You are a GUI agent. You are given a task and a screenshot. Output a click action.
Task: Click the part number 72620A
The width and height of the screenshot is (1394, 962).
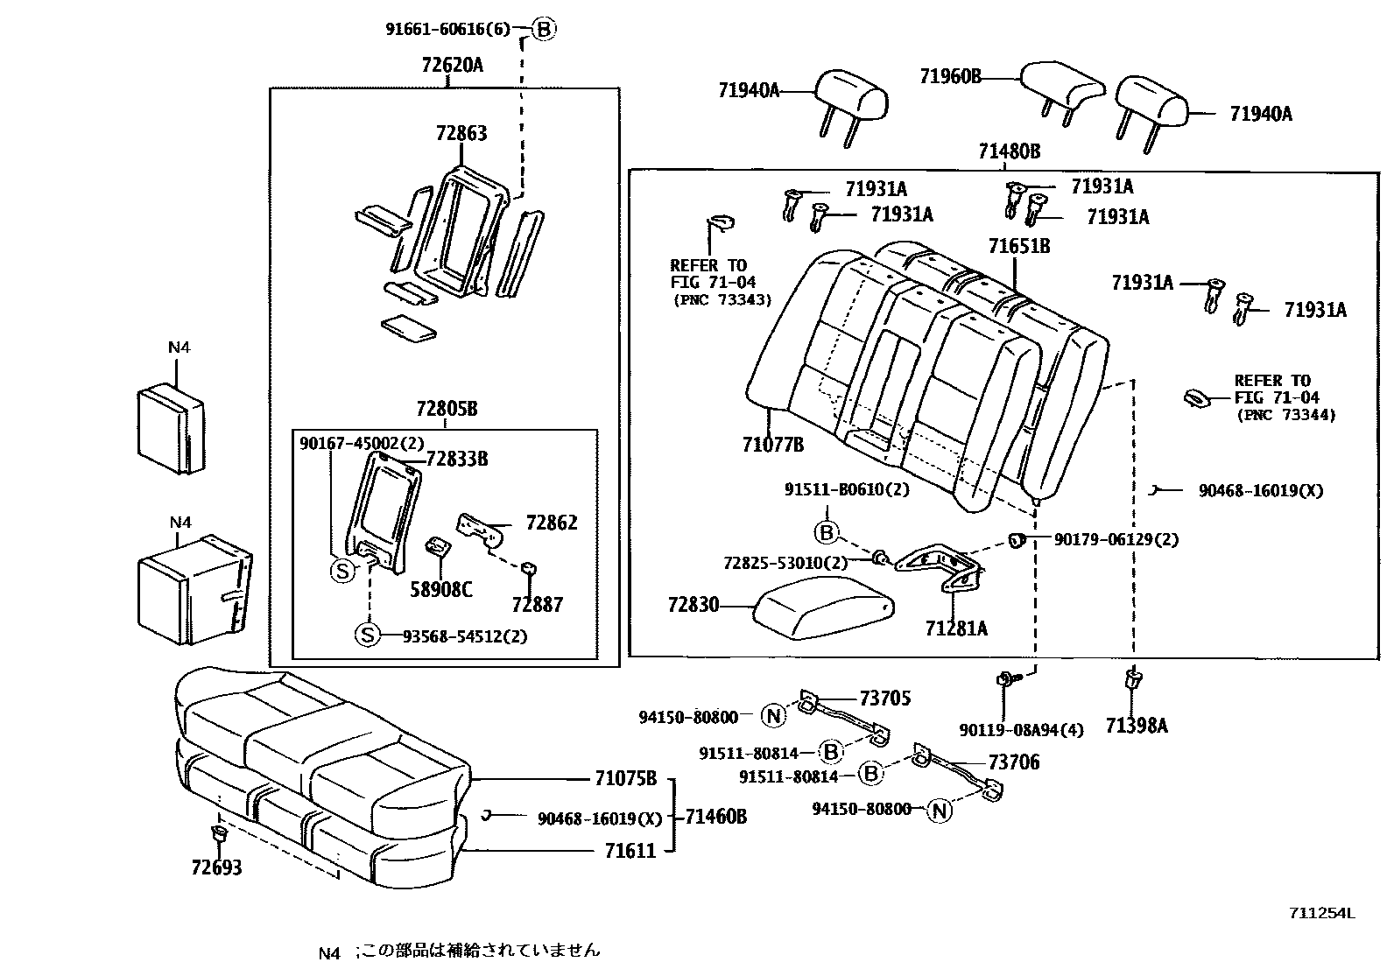pyautogui.click(x=452, y=66)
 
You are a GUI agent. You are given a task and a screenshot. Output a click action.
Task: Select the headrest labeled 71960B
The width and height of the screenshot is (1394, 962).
pyautogui.click(x=1061, y=87)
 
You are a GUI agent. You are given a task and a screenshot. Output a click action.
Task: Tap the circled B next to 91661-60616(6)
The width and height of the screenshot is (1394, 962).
pyautogui.click(x=544, y=29)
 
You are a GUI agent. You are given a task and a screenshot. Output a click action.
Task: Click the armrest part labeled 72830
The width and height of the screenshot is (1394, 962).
pyautogui.click(x=823, y=607)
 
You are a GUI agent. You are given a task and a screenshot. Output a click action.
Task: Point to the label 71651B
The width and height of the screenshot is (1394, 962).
pyautogui.click(x=1018, y=246)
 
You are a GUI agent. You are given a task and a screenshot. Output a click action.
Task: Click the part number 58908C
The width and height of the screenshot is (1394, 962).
pyautogui.click(x=440, y=589)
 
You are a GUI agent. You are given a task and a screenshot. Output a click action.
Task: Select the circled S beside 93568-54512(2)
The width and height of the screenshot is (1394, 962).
pyautogui.click(x=368, y=635)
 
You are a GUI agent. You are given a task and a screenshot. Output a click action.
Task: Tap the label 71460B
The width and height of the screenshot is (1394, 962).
pyautogui.click(x=715, y=817)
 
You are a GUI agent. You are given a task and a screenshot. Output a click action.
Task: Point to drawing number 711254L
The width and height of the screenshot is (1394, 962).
pyautogui.click(x=1320, y=913)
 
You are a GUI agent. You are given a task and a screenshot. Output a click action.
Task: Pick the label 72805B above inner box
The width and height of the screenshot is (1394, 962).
pyautogui.click(x=447, y=409)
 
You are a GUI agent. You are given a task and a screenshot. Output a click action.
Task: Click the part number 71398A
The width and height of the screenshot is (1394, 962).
pyautogui.click(x=1136, y=725)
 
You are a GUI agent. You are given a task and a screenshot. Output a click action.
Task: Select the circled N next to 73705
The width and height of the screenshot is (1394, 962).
pyautogui.click(x=774, y=716)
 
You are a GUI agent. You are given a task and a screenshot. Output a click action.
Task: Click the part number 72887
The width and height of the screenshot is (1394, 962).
pyautogui.click(x=537, y=604)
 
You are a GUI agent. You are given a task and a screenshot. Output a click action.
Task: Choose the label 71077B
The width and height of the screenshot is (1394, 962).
pyautogui.click(x=772, y=445)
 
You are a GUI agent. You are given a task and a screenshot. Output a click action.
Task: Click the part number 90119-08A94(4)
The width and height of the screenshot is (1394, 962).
pyautogui.click(x=1020, y=729)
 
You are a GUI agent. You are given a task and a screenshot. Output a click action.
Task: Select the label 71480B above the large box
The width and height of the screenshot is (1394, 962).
pyautogui.click(x=1009, y=151)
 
